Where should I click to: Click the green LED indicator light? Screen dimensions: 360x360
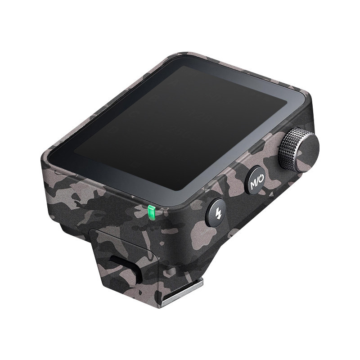151,212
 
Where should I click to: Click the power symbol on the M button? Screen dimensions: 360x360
261,177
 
